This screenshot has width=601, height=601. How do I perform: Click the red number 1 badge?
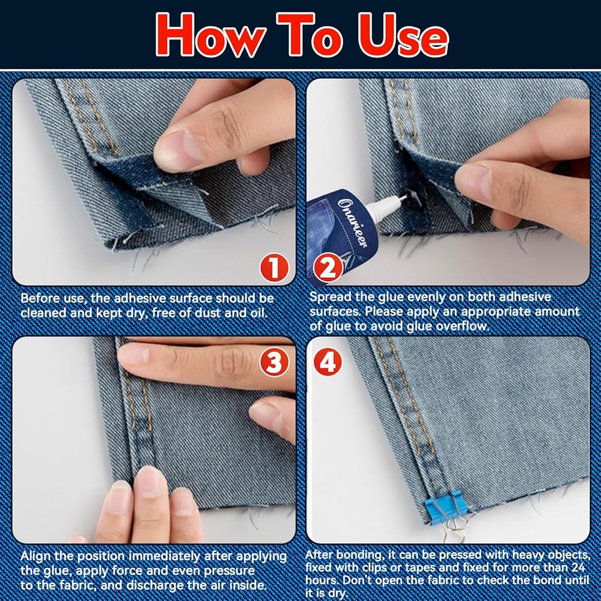274,267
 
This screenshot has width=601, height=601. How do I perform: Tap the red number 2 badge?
328,268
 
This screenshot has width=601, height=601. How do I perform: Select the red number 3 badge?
274,362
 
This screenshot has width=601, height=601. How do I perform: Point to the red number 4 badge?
328,362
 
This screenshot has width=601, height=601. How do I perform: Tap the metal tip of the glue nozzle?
403,198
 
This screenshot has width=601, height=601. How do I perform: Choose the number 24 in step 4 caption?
578,567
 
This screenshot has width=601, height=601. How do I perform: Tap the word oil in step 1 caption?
258,313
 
